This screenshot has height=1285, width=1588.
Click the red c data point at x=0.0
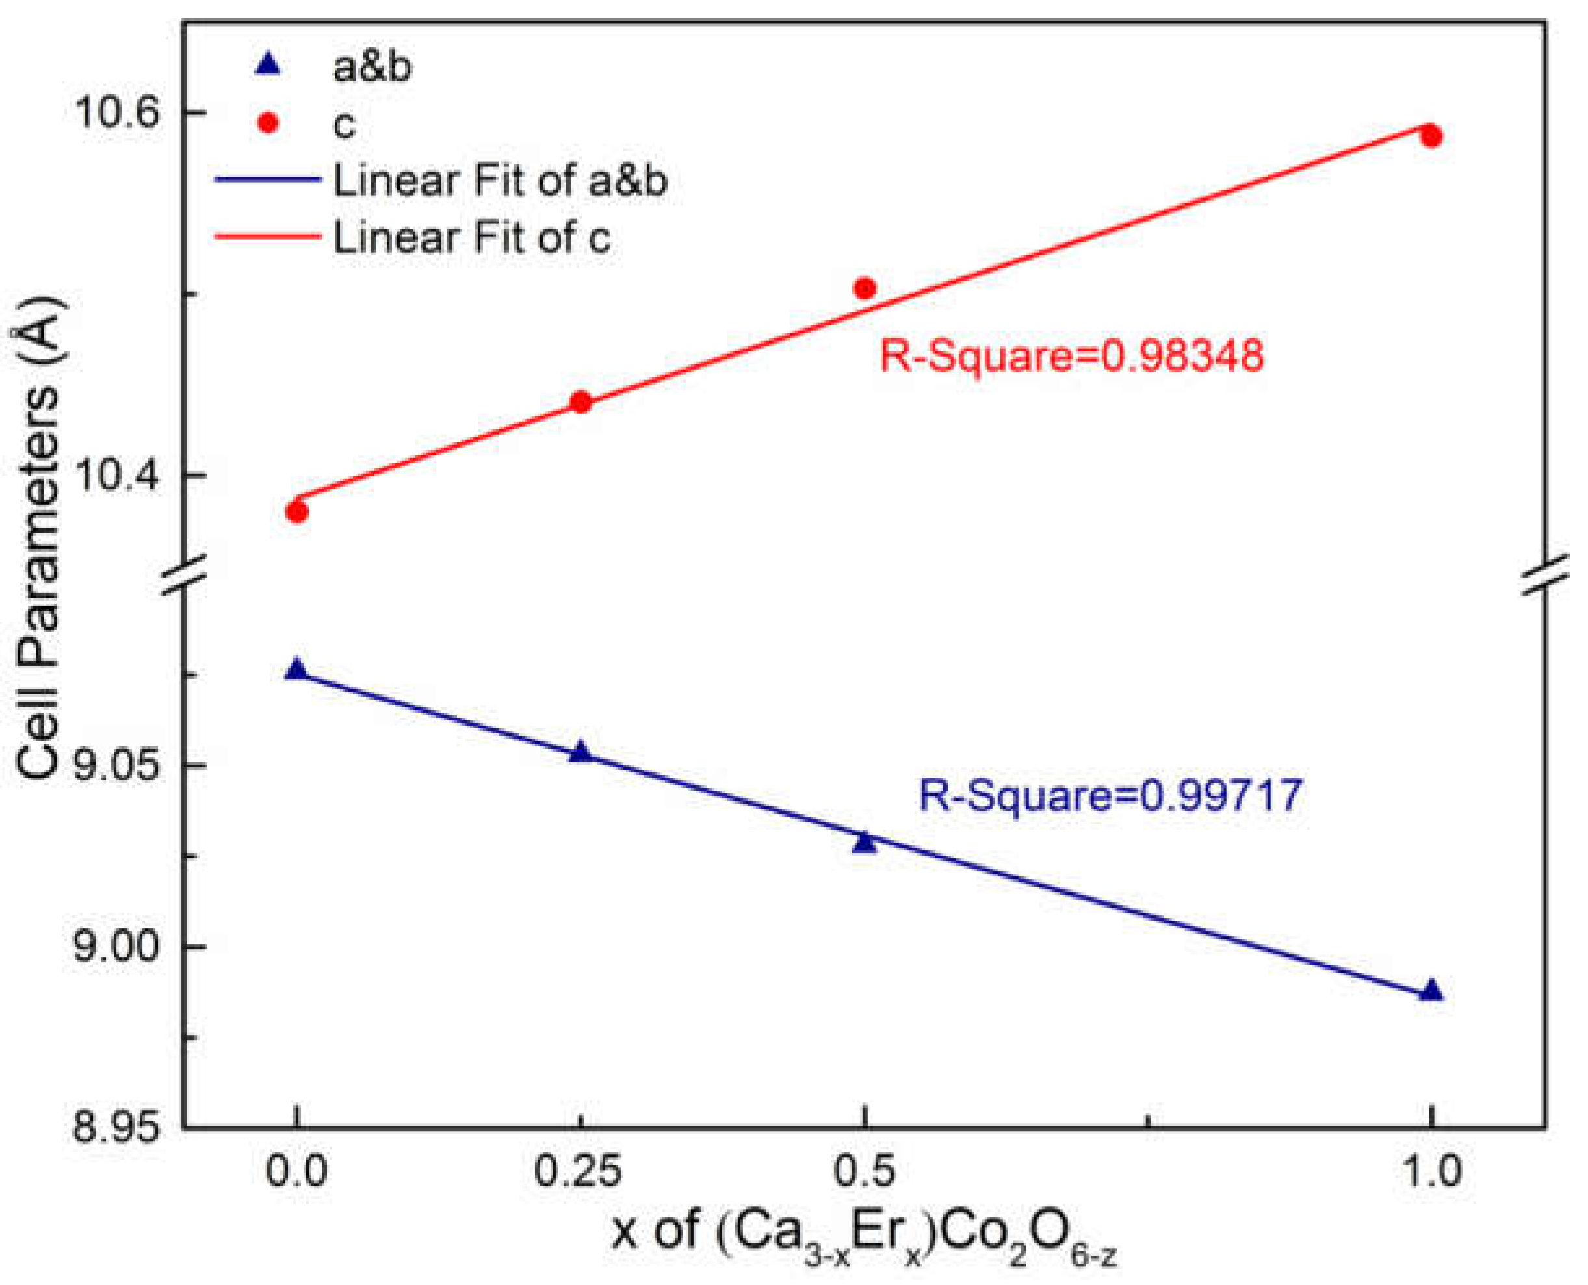[296, 511]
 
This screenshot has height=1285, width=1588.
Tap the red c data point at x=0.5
[865, 288]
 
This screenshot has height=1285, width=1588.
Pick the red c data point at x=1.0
[1431, 136]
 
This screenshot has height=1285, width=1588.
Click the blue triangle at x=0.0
[296, 670]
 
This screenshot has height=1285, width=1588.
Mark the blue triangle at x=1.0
[1431, 991]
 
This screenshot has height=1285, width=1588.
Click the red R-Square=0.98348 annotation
[1071, 356]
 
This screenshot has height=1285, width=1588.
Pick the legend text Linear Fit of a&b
[500, 180]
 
